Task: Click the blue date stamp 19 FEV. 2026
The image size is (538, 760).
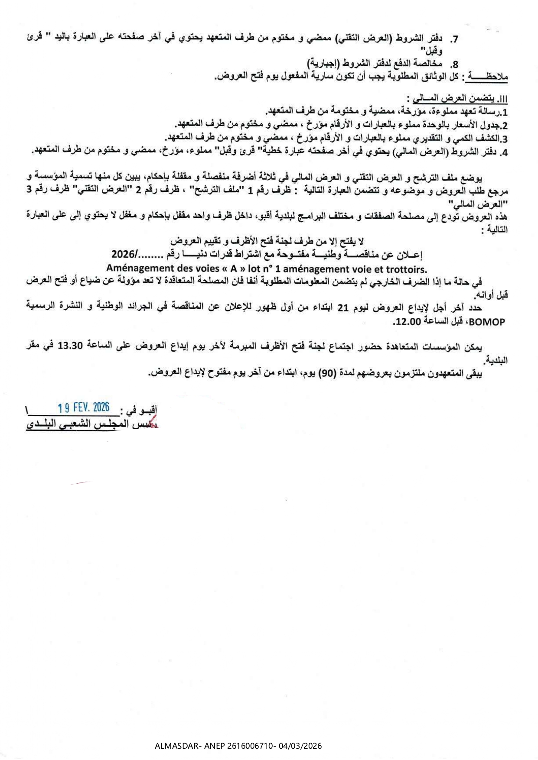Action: (84, 407)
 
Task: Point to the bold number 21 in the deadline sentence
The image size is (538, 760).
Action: (343, 308)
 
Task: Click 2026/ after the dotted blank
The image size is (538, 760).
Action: (124, 254)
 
